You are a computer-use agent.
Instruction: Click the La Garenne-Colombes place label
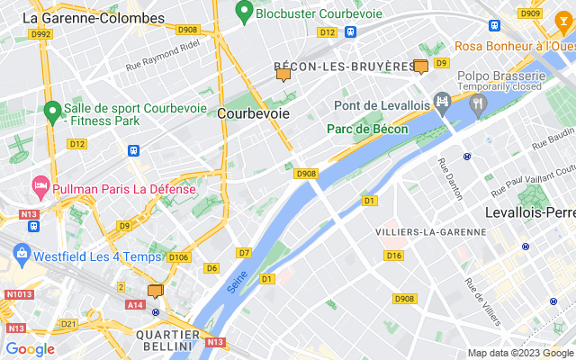(94, 18)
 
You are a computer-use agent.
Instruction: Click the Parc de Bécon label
(367, 130)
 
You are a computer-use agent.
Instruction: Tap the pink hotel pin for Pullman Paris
(40, 186)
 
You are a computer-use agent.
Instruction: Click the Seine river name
(238, 283)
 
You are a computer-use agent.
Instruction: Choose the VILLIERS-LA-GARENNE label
(430, 232)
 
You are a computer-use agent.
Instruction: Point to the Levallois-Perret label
(529, 213)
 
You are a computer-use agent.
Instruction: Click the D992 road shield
(40, 34)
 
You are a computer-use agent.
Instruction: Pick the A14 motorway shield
(136, 305)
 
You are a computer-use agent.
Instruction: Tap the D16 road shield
(393, 256)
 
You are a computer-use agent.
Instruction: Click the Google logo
(30, 349)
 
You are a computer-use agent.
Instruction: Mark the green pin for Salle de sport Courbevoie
(52, 111)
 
